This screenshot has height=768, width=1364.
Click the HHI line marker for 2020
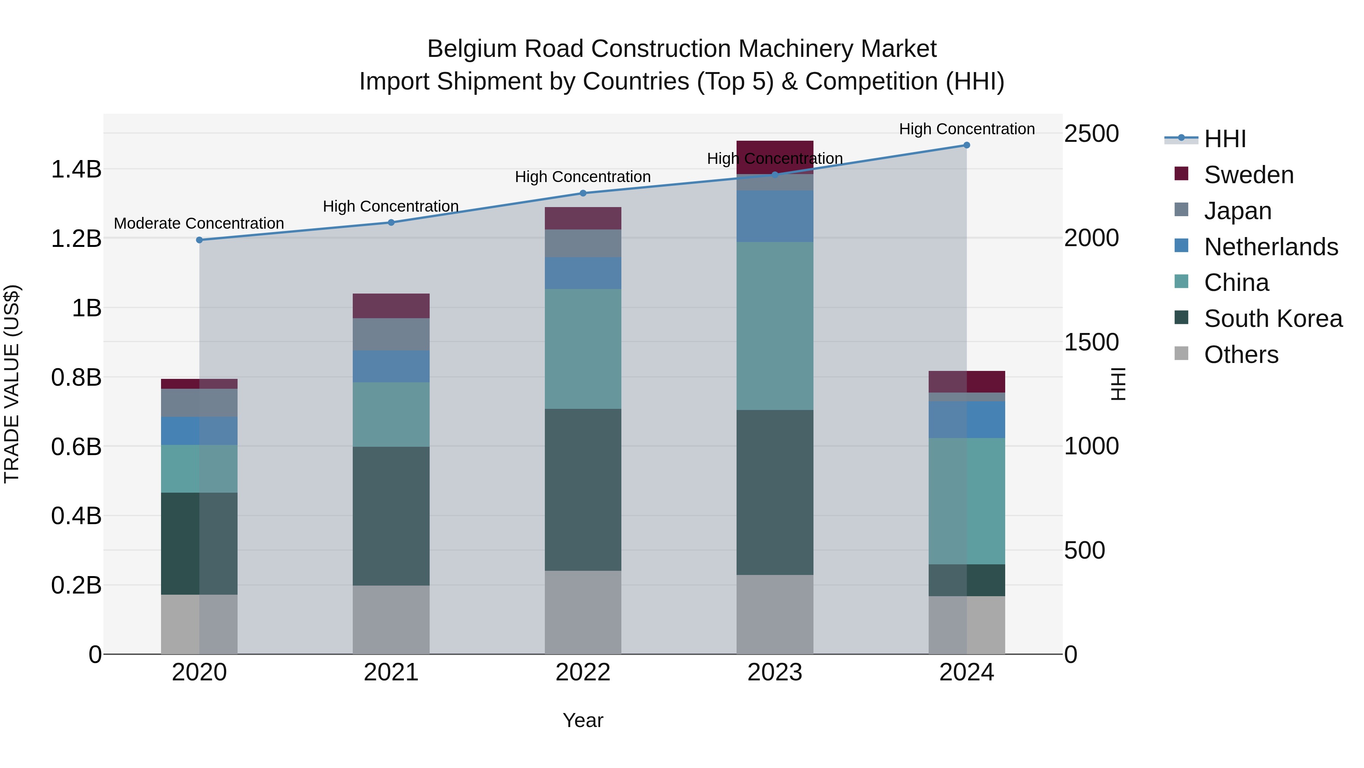[199, 240]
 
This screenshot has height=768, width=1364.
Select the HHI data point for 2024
[966, 145]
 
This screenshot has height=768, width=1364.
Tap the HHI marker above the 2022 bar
[583, 193]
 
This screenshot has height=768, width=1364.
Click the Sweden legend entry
[1248, 175]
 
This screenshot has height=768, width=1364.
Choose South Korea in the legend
[1273, 319]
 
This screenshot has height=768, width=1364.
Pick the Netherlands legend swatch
[1181, 246]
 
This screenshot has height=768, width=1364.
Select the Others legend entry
[1240, 355]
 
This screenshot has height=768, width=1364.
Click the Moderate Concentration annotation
[199, 224]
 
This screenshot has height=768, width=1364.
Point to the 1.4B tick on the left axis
[76, 170]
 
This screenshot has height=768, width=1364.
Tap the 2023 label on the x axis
[775, 672]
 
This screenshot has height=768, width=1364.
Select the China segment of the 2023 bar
[775, 325]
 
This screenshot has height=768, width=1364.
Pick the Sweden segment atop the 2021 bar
[391, 306]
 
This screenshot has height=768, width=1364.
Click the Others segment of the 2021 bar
[391, 620]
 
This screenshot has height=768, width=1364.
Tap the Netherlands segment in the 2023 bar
[775, 216]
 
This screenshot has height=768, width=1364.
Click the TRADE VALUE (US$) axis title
[12, 384]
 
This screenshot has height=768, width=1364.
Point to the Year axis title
[583, 720]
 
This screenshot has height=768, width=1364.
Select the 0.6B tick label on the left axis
[76, 447]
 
